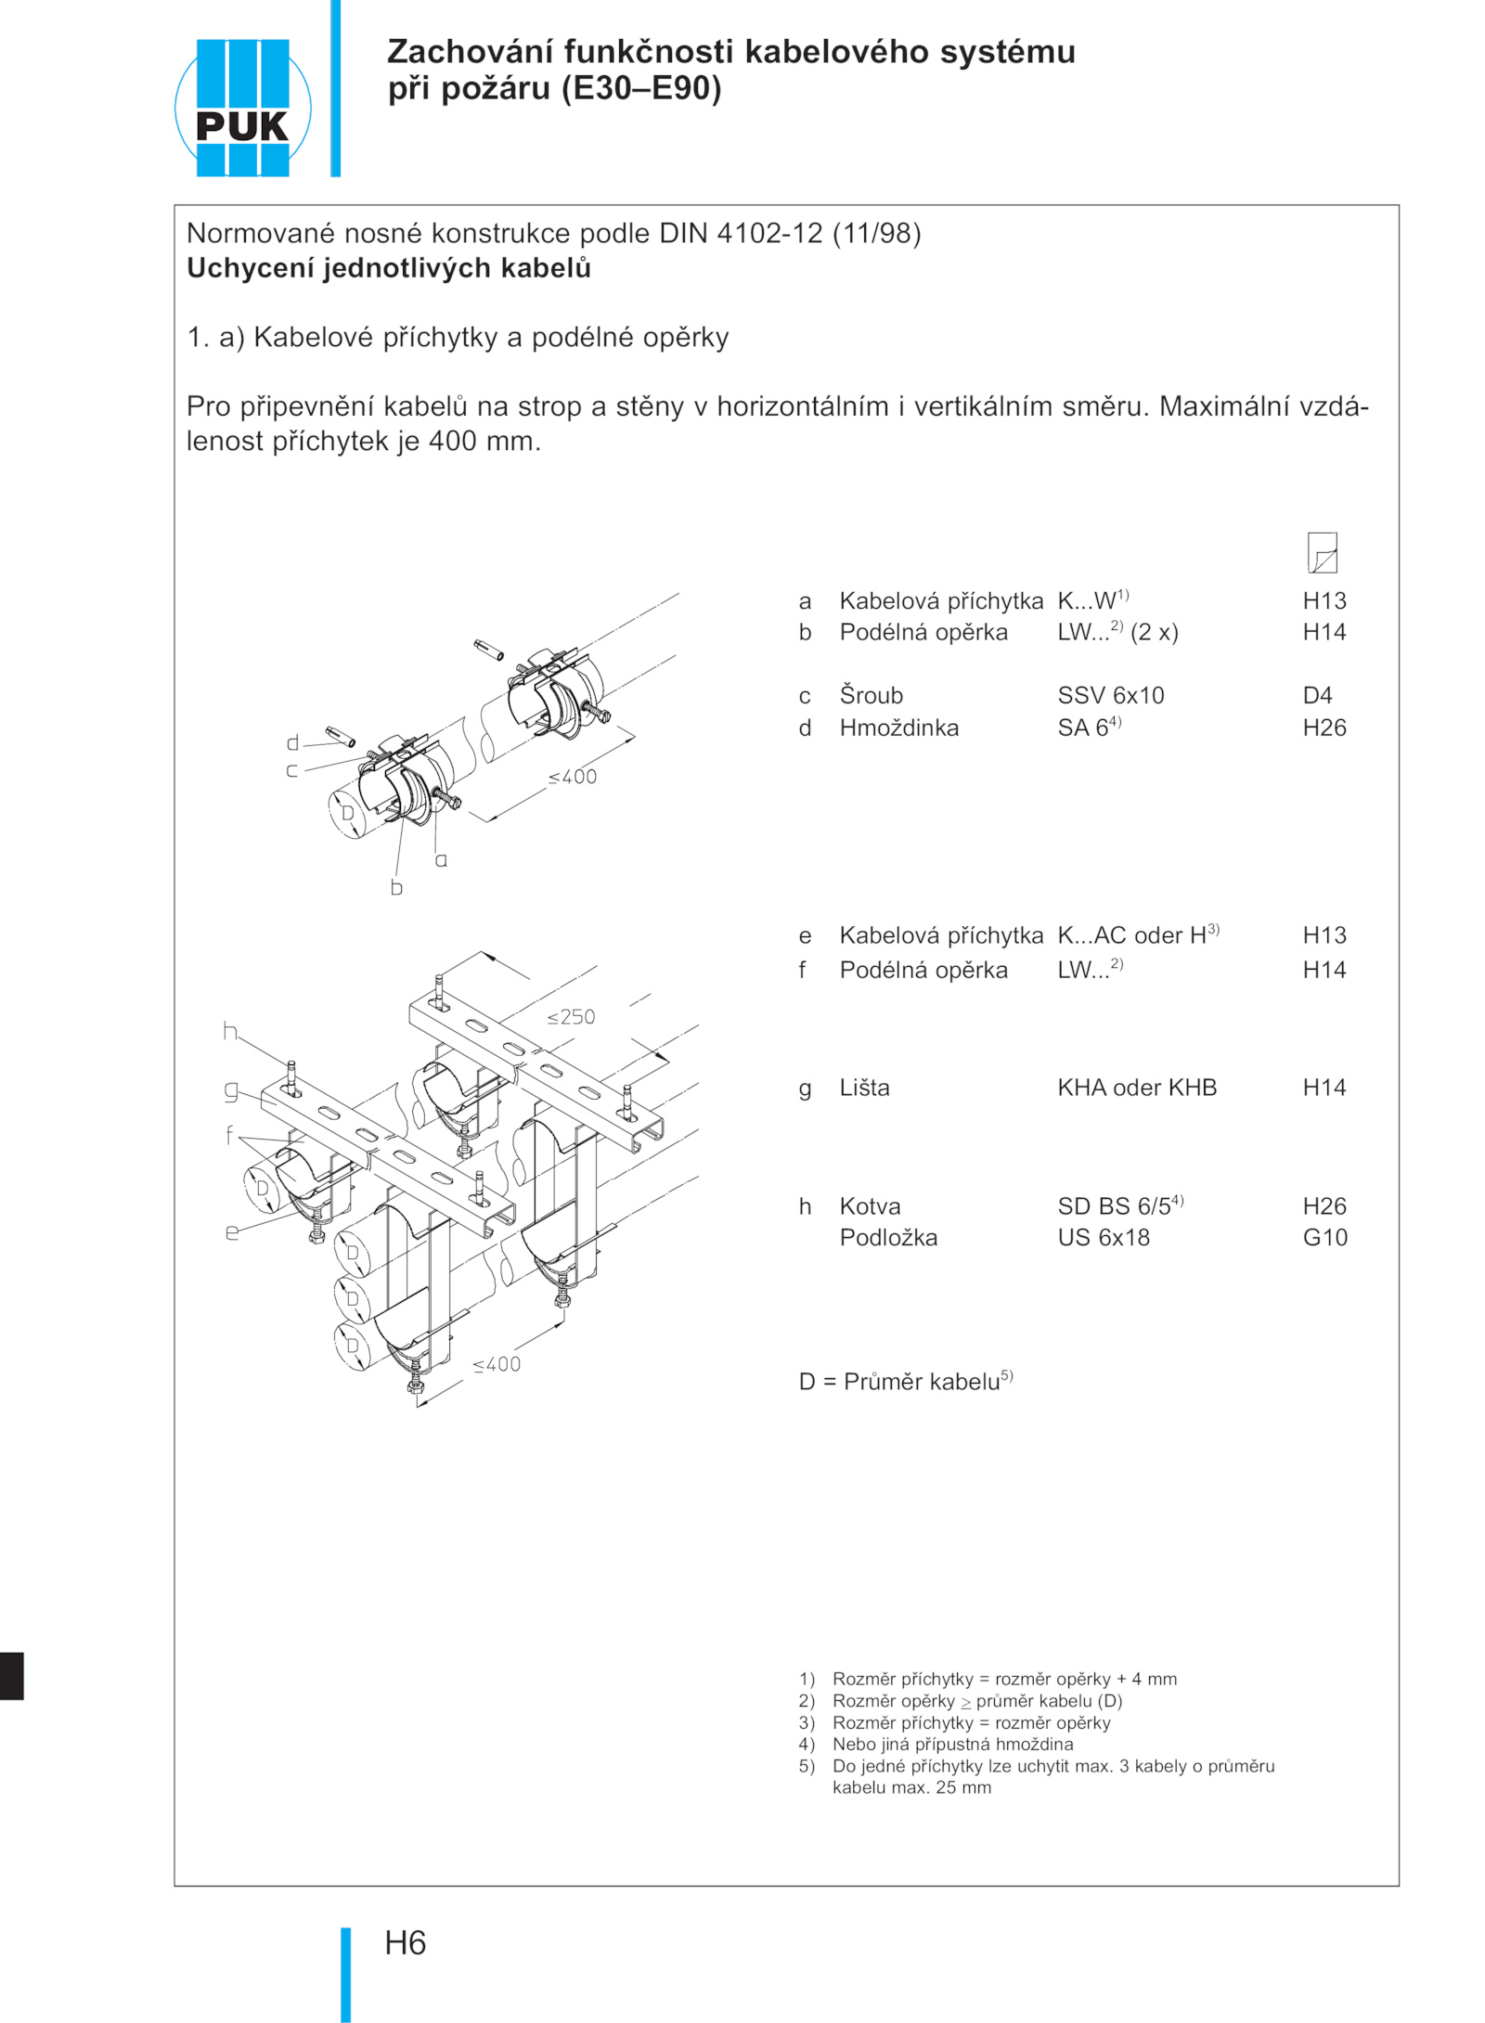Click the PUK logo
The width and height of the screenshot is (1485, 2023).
click(x=242, y=108)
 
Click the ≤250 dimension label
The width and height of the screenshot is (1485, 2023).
click(x=571, y=1017)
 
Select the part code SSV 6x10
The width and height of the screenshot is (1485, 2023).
click(x=1110, y=696)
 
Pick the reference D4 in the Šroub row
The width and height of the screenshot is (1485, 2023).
click(x=1317, y=696)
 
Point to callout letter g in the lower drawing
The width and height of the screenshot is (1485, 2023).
click(x=231, y=1090)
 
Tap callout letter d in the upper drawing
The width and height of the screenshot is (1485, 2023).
click(x=292, y=742)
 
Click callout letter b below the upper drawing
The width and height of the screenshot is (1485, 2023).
click(x=396, y=888)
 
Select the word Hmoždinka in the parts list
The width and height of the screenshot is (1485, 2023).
click(x=898, y=728)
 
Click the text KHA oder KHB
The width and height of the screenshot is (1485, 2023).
click(x=1136, y=1088)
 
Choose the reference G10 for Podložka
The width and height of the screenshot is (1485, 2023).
click(x=1324, y=1238)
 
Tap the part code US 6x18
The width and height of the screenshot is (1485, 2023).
click(x=1104, y=1238)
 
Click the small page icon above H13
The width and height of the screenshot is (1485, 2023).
click(x=1322, y=553)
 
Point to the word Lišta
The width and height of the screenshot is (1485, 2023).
click(x=864, y=1088)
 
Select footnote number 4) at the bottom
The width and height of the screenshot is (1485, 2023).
click(x=807, y=1744)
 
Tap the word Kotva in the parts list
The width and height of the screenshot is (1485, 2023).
click(x=870, y=1206)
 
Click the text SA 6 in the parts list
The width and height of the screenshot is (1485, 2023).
click(x=1083, y=728)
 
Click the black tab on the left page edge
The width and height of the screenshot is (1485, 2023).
click(x=11, y=1675)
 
